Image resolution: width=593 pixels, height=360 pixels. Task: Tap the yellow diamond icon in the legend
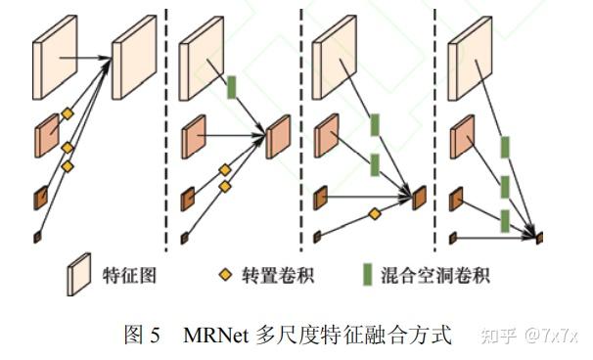click(224, 276)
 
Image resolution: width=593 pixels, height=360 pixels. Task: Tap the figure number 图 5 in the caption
click(142, 337)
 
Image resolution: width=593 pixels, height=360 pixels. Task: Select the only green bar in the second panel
click(232, 86)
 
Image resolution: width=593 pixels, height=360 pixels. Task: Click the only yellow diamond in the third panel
click(374, 213)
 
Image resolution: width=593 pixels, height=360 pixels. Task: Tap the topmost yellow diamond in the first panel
click(68, 114)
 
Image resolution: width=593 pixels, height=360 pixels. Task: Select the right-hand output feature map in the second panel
click(278, 138)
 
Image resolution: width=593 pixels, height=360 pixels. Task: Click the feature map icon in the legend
click(77, 275)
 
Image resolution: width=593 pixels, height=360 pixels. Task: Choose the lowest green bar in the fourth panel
click(505, 220)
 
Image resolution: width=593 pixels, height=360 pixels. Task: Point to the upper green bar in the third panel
click(374, 126)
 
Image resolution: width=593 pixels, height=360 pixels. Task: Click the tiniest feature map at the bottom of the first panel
click(37, 237)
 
